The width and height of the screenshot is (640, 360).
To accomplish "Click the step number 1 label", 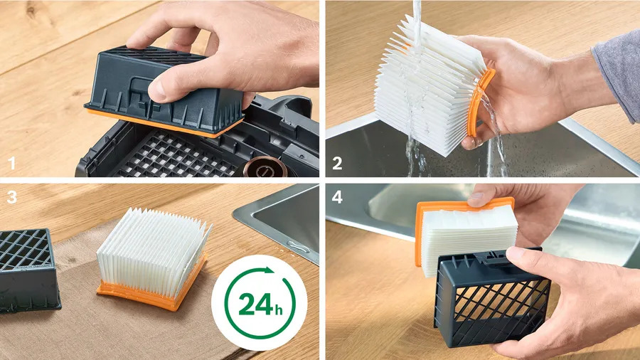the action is pyautogui.click(x=12, y=163).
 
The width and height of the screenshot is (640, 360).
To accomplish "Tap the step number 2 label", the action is pyautogui.click(x=337, y=163).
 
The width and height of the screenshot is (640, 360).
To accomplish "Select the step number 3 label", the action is pyautogui.click(x=12, y=197).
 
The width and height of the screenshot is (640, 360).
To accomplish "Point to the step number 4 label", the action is pyautogui.click(x=337, y=197).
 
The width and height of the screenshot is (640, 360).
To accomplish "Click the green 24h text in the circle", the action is pyautogui.click(x=260, y=304).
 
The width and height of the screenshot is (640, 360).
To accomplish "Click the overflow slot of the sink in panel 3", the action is pyautogui.click(x=299, y=247).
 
